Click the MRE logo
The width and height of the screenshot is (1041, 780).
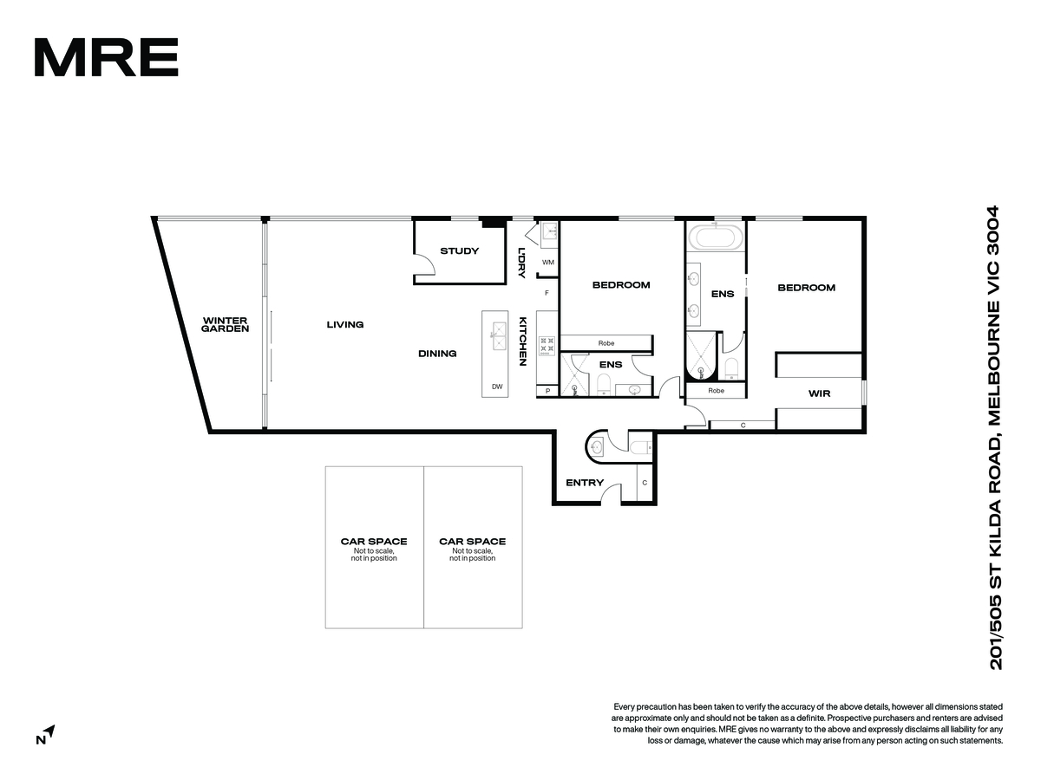click(x=106, y=57)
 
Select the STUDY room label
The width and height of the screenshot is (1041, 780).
click(x=459, y=251)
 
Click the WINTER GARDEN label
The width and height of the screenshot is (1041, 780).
click(x=225, y=324)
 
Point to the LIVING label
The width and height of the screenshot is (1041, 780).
click(x=344, y=324)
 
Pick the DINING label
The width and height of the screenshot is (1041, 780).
click(x=437, y=354)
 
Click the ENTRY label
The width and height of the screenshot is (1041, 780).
click(x=585, y=483)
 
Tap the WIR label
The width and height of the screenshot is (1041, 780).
click(x=819, y=393)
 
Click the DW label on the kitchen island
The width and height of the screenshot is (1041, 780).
click(x=497, y=387)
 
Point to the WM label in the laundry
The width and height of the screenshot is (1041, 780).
click(x=547, y=263)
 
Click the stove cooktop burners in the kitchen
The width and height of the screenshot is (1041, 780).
click(x=547, y=346)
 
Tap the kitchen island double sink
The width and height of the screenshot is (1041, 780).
click(x=500, y=335)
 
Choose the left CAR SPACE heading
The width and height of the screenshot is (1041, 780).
click(x=374, y=542)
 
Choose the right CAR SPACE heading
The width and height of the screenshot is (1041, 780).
click(x=473, y=542)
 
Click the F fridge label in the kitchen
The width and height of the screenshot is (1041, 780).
click(x=547, y=293)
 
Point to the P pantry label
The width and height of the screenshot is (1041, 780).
click(x=547, y=391)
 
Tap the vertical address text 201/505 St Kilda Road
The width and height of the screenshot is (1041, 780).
click(x=995, y=438)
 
